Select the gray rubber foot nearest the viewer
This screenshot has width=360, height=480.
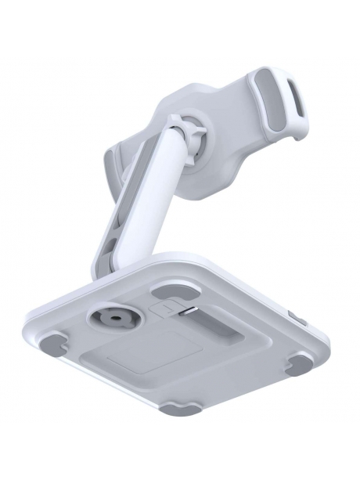click(178, 407)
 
